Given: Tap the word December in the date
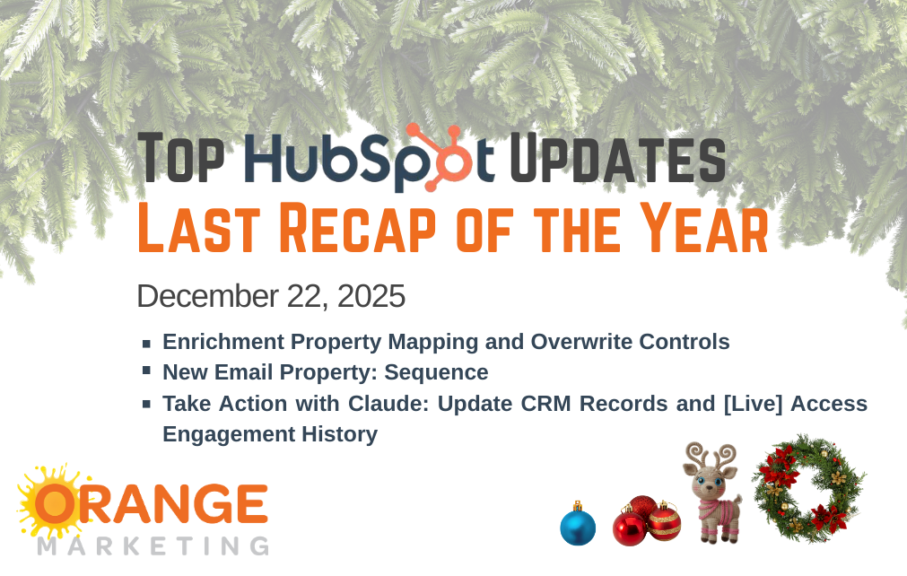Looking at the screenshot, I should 207,296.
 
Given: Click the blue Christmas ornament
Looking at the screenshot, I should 578,526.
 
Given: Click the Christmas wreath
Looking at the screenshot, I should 808,488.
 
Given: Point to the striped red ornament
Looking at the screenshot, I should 665,521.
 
